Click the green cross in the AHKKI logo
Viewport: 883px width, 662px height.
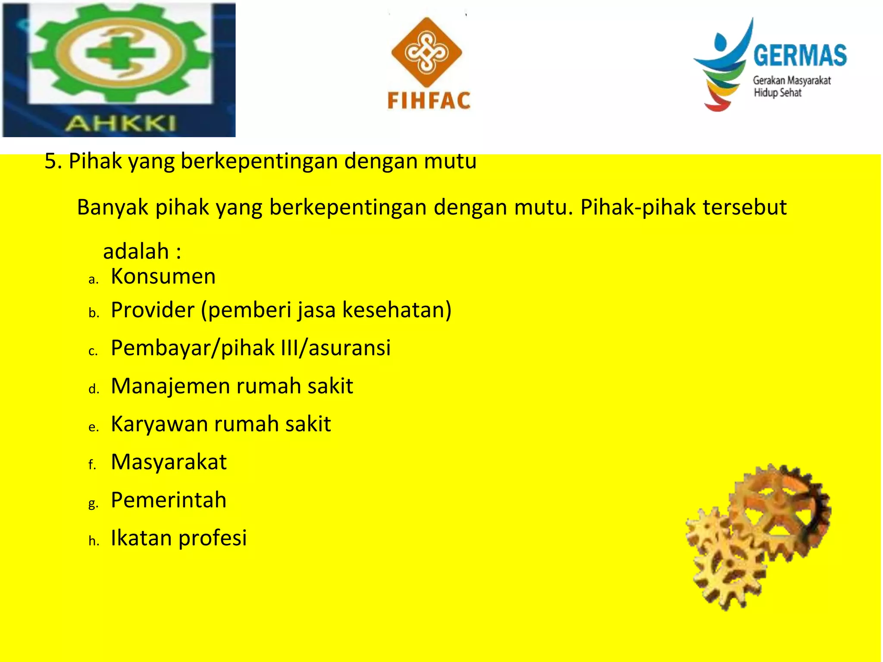click(120, 53)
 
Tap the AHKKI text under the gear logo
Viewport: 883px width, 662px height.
click(121, 124)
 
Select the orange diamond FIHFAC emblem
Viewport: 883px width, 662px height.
click(426, 52)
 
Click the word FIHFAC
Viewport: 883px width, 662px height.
click(429, 101)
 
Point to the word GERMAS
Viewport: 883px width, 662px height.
click(800, 56)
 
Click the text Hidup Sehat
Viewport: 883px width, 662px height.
click(777, 93)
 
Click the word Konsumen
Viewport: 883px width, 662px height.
click(163, 276)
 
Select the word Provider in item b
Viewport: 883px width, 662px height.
click(153, 310)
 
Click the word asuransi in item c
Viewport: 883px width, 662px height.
click(350, 348)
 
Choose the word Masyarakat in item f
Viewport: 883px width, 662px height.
click(169, 462)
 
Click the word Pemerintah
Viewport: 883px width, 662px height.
click(169, 500)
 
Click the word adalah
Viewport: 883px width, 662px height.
click(136, 251)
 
